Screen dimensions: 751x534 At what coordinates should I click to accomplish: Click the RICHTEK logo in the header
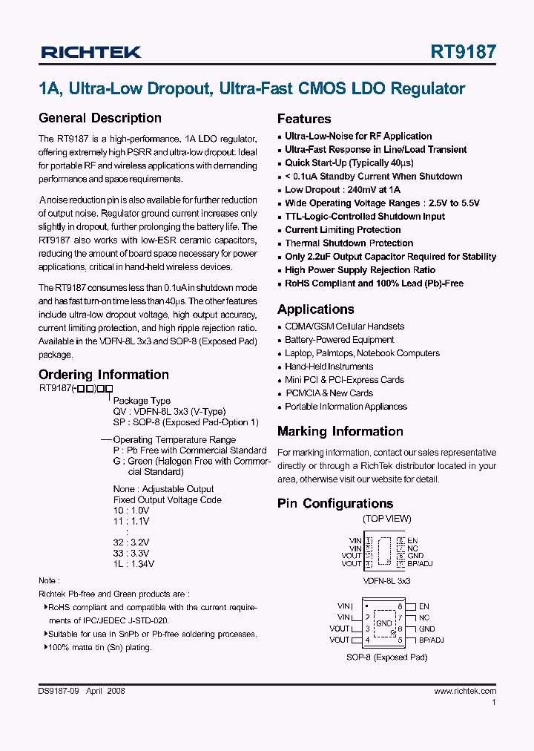90,52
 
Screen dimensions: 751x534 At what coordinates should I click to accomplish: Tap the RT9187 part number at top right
464,52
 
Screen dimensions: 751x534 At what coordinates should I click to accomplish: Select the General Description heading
99,118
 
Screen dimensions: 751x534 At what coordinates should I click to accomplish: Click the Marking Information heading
340,431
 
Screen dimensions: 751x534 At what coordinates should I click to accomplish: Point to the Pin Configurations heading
335,503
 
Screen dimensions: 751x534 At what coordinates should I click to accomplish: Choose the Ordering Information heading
103,375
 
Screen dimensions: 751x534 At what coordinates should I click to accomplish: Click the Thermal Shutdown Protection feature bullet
349,243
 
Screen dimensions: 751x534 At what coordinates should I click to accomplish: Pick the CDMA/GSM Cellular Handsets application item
344,327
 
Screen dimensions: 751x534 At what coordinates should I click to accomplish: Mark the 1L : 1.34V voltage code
133,564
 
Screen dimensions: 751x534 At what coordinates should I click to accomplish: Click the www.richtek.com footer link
465,691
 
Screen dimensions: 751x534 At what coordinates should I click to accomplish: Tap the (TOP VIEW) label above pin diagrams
386,519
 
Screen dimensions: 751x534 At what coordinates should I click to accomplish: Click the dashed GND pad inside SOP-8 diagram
383,623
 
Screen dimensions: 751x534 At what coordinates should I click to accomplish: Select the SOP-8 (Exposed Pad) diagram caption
386,657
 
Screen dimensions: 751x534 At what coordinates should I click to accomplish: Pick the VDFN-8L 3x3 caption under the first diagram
386,581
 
